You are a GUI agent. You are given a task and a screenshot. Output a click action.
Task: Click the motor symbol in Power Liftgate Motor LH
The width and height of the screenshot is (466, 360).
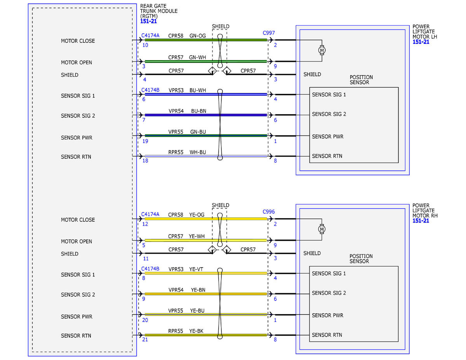click(x=322, y=50)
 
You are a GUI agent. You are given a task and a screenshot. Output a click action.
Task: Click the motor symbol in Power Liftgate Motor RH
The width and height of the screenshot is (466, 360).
click(x=322, y=229)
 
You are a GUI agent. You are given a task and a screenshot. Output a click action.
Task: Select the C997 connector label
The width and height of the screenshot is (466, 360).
click(x=268, y=33)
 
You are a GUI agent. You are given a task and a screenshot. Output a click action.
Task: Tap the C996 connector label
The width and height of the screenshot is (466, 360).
click(x=268, y=212)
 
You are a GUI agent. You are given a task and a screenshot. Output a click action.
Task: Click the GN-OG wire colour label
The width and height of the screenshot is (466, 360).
click(x=197, y=36)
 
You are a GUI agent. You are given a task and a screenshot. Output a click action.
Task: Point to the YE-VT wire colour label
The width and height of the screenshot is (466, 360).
click(x=196, y=269)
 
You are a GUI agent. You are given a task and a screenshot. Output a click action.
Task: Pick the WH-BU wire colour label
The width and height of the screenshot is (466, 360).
click(x=198, y=152)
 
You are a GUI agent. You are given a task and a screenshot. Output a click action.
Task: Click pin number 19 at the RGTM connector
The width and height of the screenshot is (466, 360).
click(x=145, y=141)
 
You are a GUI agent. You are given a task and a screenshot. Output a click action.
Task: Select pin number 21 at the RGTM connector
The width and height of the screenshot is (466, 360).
click(x=145, y=339)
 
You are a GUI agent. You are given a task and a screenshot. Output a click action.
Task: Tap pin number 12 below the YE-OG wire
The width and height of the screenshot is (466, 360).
click(x=145, y=224)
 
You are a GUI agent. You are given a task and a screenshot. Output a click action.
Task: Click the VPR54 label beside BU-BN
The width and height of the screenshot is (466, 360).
click(x=176, y=111)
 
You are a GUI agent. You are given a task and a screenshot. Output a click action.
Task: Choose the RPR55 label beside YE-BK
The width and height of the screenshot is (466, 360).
click(x=176, y=331)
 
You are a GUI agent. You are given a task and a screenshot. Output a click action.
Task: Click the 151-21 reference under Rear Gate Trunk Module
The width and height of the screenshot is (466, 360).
click(x=148, y=21)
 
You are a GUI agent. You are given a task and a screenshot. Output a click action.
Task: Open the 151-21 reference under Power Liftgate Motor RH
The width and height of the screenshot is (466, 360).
click(x=421, y=221)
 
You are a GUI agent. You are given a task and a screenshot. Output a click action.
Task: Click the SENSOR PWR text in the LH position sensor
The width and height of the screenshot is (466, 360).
click(x=327, y=137)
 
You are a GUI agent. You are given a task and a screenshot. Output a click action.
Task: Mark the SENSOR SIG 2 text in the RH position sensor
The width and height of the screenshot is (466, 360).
click(x=329, y=293)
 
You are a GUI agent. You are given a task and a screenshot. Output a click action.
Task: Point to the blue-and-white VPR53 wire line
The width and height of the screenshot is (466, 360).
click(x=206, y=94)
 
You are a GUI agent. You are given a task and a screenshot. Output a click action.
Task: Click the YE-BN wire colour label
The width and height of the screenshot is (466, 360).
click(x=198, y=290)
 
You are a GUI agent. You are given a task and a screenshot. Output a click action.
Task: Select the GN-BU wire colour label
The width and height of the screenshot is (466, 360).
click(x=198, y=132)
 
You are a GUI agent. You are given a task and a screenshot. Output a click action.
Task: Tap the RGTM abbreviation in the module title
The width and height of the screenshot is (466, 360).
click(x=149, y=16)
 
